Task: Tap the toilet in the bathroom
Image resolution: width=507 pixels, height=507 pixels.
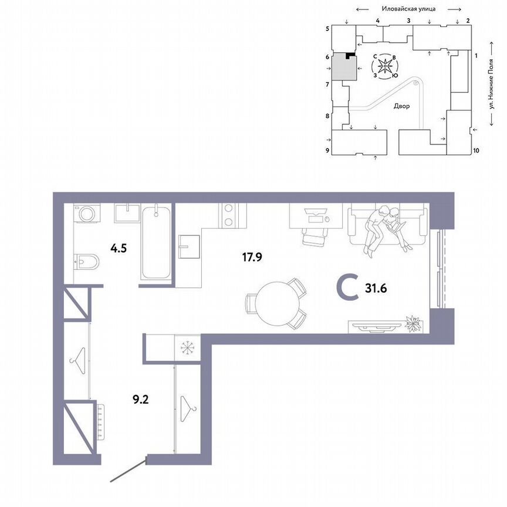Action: (89, 259)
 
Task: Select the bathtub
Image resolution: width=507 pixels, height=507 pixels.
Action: (157, 243)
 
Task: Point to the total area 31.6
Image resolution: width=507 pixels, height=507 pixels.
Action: (377, 288)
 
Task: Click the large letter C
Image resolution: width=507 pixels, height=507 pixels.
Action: (347, 288)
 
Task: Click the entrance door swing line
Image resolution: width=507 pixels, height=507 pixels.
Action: (129, 471)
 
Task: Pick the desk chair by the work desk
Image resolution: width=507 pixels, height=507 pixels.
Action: (317, 237)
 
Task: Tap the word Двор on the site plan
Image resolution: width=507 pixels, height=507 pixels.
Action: (402, 106)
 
